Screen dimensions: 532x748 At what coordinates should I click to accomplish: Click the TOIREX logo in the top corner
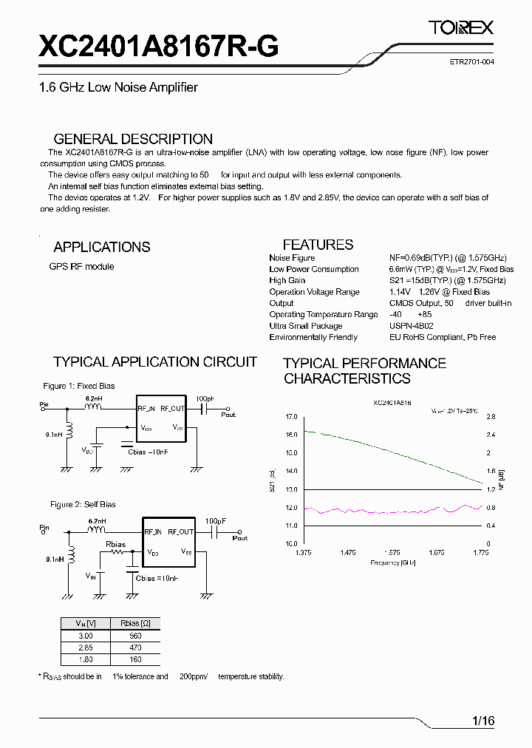pyautogui.click(x=461, y=28)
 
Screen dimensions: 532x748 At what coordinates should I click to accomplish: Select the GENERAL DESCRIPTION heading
pyautogui.click(x=133, y=139)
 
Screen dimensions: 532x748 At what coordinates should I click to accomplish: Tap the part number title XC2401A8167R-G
pyautogui.click(x=158, y=47)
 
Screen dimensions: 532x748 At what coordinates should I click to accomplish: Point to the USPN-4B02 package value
pyautogui.click(x=411, y=326)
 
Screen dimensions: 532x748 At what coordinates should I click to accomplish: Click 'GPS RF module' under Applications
pyautogui.click(x=81, y=267)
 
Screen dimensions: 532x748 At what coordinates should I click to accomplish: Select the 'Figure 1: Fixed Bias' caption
pyautogui.click(x=79, y=386)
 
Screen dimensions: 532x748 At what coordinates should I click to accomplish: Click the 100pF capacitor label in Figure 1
pyautogui.click(x=205, y=399)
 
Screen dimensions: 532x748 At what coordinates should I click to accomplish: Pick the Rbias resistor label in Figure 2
pyautogui.click(x=115, y=545)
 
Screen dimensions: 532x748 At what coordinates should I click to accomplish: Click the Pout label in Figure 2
pyautogui.click(x=240, y=539)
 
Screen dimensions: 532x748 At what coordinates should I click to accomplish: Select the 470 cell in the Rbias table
pyautogui.click(x=134, y=647)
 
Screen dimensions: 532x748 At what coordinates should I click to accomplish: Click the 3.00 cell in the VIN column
pyautogui.click(x=86, y=636)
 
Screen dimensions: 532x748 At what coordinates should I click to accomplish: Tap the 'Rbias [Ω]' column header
pyautogui.click(x=134, y=623)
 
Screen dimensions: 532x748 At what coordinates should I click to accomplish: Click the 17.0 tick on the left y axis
pyautogui.click(x=290, y=417)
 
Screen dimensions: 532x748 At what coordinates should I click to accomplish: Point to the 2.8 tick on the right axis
pyautogui.click(x=490, y=417)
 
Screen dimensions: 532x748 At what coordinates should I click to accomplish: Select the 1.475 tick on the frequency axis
pyautogui.click(x=348, y=552)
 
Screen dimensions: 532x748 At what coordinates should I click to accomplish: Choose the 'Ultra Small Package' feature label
pyautogui.click(x=306, y=326)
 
